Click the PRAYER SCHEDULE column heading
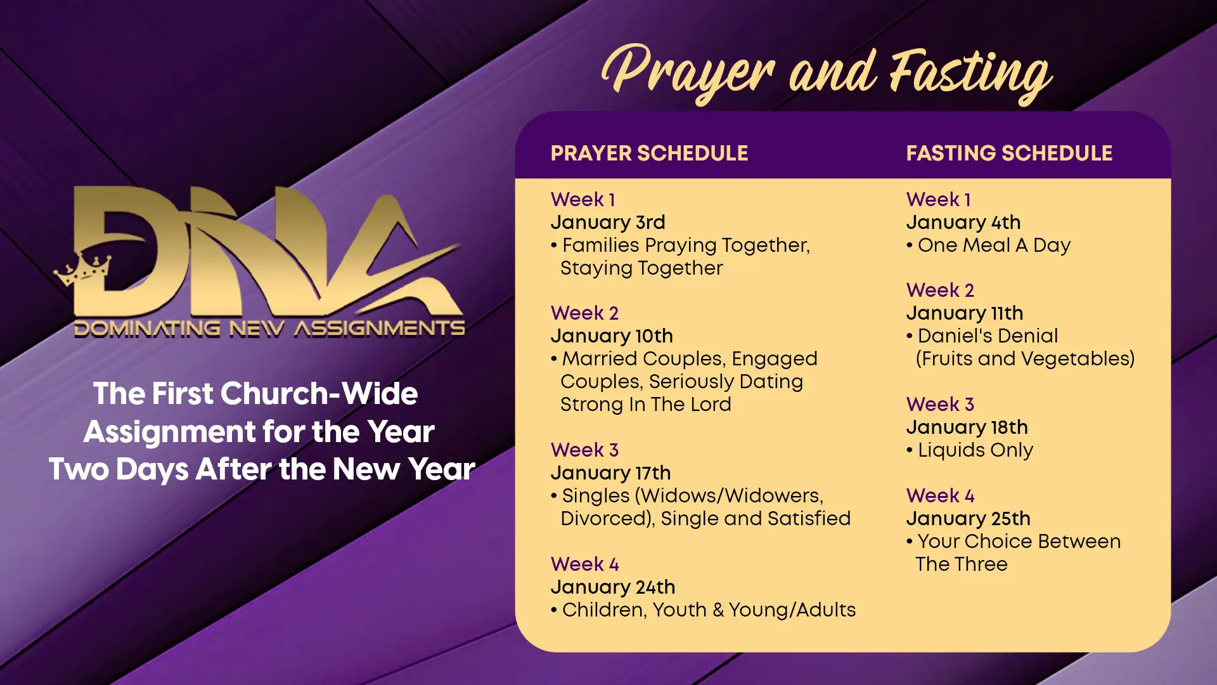click(649, 153)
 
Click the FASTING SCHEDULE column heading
click(1009, 153)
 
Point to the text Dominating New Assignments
click(269, 329)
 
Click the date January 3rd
click(608, 223)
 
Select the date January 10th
click(612, 336)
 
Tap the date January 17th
click(610, 473)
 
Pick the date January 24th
click(613, 587)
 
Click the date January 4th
click(963, 223)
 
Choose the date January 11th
click(965, 313)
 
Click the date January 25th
click(969, 519)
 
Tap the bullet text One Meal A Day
click(994, 245)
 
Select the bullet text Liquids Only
click(976, 450)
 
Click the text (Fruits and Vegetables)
click(1025, 359)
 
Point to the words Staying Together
click(641, 268)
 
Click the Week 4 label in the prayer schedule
click(584, 564)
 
